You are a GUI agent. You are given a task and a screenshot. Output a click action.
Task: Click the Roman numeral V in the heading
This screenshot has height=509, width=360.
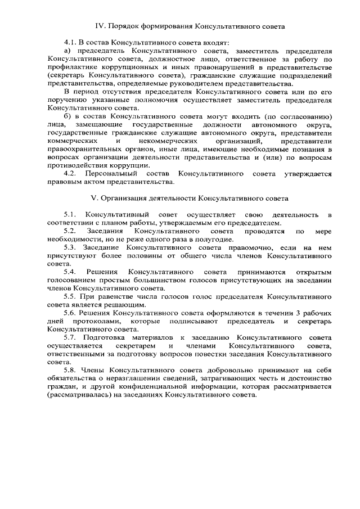[93, 199]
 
